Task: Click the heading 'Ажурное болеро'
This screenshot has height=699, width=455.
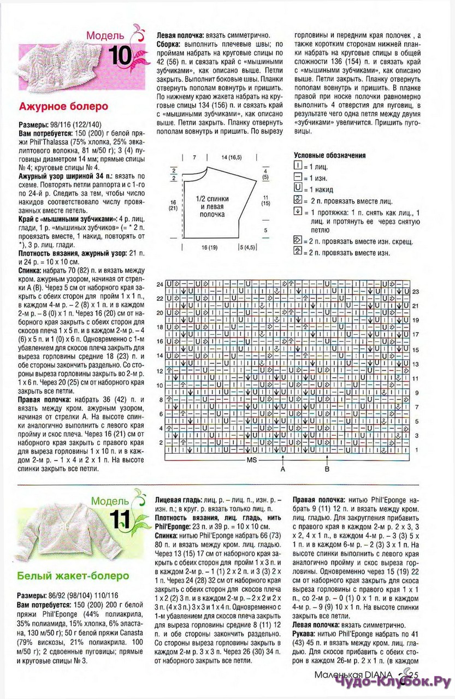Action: [63, 106]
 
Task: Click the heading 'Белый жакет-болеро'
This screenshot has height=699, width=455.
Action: [73, 576]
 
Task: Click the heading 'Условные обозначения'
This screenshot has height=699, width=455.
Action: [329, 155]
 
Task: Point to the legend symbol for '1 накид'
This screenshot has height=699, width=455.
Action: [298, 188]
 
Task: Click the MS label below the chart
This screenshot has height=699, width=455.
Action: [252, 460]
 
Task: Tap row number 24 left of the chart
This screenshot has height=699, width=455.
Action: [160, 285]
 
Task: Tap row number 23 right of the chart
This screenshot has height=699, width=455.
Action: [416, 292]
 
